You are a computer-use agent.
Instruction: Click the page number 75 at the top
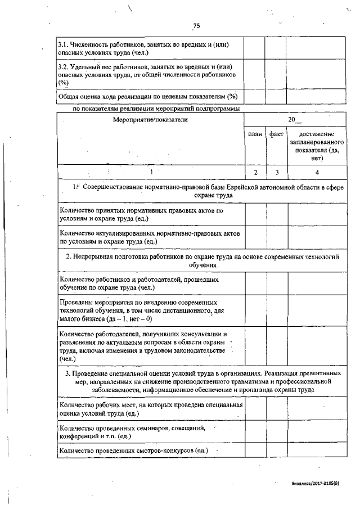196,25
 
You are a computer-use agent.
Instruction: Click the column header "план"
255,134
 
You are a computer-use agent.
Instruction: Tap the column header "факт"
276,134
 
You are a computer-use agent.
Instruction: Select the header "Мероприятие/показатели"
150,120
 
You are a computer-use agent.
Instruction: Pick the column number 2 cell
255,172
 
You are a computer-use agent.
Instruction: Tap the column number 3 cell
276,172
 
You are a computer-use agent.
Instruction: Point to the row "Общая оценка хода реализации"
148,96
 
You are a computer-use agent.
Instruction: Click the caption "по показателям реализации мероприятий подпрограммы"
157,109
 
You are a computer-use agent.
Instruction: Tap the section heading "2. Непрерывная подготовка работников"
202,260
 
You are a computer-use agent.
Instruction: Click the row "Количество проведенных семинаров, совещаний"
132,431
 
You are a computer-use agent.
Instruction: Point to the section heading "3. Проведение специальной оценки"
202,381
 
